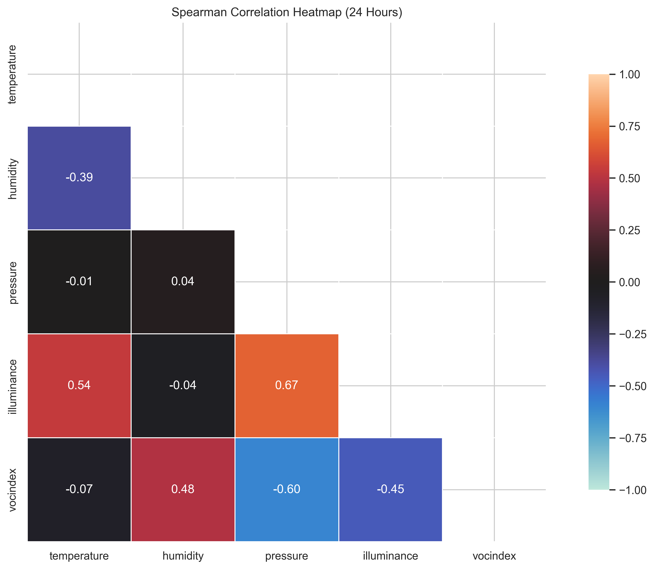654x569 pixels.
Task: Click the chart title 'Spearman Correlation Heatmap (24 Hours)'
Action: point(287,12)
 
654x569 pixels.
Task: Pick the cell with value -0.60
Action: point(287,489)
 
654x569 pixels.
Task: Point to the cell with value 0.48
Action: point(183,489)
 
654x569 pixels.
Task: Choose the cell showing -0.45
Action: point(391,489)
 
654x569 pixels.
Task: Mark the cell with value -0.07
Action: point(79,489)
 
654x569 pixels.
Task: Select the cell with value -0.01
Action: point(79,281)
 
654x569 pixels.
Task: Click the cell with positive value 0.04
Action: point(183,281)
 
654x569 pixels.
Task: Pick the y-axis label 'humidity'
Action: point(13,179)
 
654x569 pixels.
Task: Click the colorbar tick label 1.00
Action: point(630,75)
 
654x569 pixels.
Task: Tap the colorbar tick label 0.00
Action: point(630,282)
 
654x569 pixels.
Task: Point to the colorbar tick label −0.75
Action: point(633,438)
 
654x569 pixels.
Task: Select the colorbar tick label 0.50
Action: point(630,178)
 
